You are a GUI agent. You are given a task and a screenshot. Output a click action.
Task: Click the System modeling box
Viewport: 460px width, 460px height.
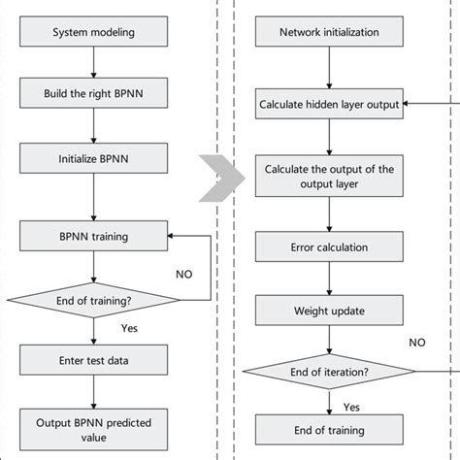coord(92,34)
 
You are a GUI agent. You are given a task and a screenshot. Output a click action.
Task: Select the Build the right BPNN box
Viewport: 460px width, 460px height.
coord(92,94)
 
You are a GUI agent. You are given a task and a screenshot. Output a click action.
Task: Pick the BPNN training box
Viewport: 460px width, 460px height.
coord(92,235)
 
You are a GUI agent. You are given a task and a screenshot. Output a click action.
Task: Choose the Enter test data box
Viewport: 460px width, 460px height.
coord(92,362)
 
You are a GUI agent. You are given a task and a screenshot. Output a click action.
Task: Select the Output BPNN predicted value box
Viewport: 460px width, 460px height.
coord(92,430)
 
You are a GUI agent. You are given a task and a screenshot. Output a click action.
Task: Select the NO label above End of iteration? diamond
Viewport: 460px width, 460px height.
coord(416,343)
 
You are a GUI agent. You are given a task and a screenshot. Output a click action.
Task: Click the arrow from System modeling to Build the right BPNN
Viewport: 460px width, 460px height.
coord(92,64)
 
